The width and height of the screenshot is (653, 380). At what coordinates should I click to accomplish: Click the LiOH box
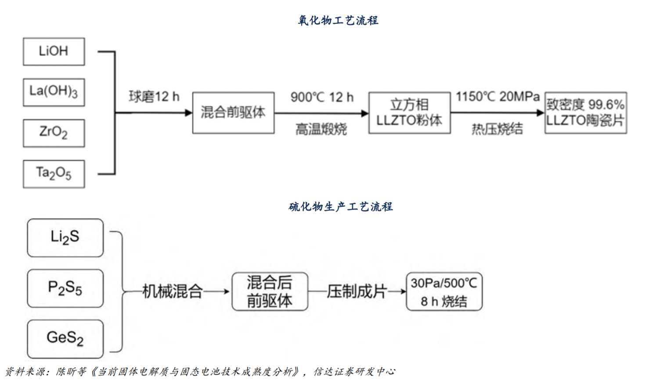click(x=54, y=51)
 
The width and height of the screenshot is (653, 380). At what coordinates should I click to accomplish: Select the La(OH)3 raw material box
click(x=54, y=92)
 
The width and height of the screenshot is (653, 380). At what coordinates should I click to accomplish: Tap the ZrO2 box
click(x=54, y=133)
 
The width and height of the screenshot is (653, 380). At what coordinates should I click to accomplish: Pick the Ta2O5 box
click(x=54, y=174)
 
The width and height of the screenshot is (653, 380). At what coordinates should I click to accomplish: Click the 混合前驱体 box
click(x=233, y=113)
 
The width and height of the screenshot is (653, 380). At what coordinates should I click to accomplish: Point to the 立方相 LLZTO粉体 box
click(x=409, y=113)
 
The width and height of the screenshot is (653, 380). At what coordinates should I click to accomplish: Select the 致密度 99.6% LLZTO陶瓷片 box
click(x=585, y=113)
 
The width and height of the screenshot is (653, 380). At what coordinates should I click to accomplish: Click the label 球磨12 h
click(x=154, y=97)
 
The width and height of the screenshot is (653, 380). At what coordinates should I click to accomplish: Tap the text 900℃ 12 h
click(x=322, y=97)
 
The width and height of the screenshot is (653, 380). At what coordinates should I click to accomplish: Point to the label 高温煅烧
click(x=321, y=129)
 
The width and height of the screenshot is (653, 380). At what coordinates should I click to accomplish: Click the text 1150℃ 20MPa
click(x=498, y=97)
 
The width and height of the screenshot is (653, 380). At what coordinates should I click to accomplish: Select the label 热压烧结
click(x=497, y=129)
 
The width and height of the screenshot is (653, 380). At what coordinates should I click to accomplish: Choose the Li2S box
click(x=65, y=237)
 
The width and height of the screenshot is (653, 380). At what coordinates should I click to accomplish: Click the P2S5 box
click(x=65, y=288)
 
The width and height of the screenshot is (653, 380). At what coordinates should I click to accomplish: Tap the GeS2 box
click(x=65, y=338)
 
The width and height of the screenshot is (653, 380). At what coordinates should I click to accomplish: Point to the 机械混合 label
click(x=172, y=291)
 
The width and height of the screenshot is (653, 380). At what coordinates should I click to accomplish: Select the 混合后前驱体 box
click(x=270, y=291)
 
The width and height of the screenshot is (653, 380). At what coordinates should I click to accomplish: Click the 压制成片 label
click(x=357, y=291)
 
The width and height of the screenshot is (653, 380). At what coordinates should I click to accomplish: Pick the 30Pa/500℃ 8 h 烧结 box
click(x=444, y=292)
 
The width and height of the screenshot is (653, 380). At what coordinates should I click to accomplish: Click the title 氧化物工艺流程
click(x=338, y=20)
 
